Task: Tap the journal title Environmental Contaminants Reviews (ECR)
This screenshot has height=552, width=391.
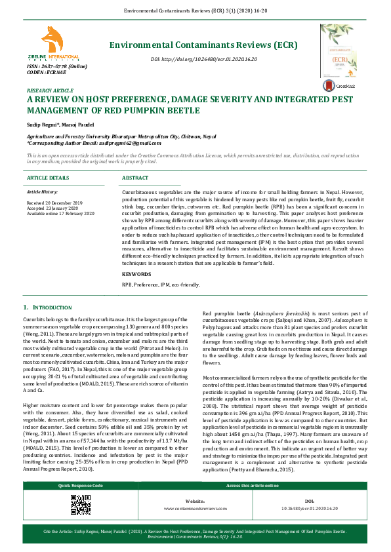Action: point(203,45)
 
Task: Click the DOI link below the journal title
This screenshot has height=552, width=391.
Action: point(204,59)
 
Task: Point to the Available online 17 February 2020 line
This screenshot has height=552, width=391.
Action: point(61,214)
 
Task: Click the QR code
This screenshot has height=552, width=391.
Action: point(80,504)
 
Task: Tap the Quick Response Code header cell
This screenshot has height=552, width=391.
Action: point(80,486)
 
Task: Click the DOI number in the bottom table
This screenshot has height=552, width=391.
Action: point(310,508)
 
